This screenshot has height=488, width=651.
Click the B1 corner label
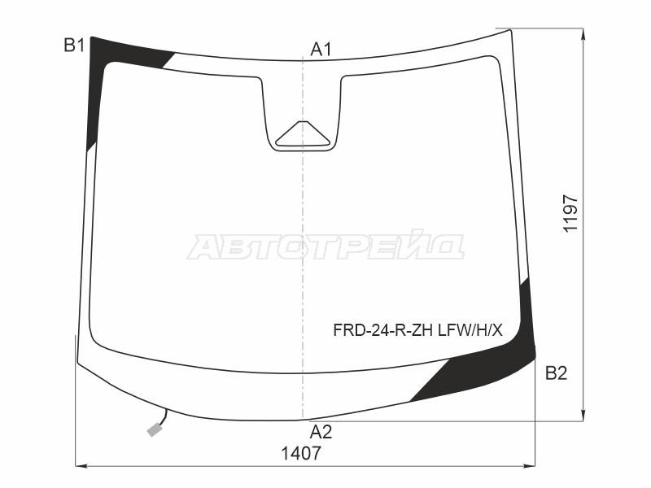coord(74,45)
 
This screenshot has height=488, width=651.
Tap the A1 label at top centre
coord(321,50)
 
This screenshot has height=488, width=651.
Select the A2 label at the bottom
coord(321,432)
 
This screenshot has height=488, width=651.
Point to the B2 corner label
coord(556,373)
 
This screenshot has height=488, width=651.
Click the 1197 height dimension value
coord(570,214)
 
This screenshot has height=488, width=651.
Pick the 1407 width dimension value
coord(301,454)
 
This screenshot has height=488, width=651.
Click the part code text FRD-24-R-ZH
coord(382,330)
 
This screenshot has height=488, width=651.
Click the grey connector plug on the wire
coord(155,430)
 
